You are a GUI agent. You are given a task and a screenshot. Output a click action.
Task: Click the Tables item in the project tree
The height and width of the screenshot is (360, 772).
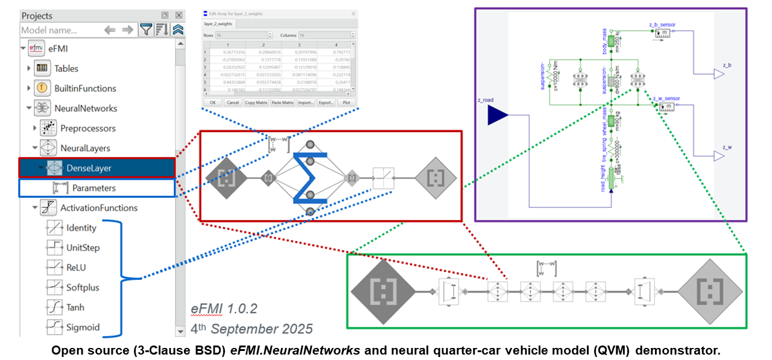point(66,69)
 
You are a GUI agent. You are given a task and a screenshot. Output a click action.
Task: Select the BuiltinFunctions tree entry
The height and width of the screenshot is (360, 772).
point(84,89)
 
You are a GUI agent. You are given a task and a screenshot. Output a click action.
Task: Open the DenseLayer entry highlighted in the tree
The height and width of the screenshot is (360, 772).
point(89,168)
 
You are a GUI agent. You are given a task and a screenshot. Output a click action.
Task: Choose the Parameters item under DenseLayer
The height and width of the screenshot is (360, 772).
point(93,188)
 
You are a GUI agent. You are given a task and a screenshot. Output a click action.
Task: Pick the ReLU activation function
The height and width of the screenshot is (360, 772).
point(78,268)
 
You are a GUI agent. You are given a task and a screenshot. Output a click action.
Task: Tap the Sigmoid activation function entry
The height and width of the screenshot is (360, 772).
point(83,327)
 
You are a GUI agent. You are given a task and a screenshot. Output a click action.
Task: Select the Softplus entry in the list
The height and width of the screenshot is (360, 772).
point(83,288)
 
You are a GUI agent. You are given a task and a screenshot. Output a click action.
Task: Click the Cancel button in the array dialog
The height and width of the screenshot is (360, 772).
point(232,103)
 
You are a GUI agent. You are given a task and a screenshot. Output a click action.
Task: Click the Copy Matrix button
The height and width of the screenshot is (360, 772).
point(256,103)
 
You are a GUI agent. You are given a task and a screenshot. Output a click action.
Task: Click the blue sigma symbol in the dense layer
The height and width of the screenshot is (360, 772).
point(310,178)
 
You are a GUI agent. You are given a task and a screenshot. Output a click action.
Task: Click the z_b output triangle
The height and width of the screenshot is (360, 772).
point(718,74)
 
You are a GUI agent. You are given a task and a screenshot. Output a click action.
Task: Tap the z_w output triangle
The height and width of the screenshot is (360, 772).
point(718,156)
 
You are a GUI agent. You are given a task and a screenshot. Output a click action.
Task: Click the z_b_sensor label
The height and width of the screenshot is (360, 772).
point(662,25)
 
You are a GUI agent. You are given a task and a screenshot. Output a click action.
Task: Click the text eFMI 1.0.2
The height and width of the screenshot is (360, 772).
point(224,309)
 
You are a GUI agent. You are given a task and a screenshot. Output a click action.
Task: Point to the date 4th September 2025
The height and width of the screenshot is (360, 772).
point(252,329)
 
